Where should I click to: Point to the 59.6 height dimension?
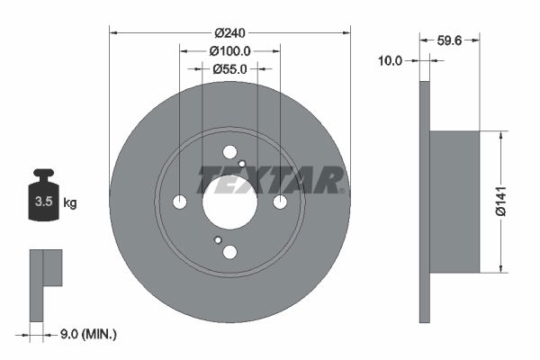coord(450,39)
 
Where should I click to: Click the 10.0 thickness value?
coord(390,60)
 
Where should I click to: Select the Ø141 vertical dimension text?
coord(515,201)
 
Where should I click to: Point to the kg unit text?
coord(70,202)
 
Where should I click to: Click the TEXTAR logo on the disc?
coord(270,179)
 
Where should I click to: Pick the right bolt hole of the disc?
coord(280,202)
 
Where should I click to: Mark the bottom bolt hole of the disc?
coord(229,252)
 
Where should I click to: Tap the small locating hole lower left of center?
coord(217,240)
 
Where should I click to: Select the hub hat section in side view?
coord(454,202)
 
